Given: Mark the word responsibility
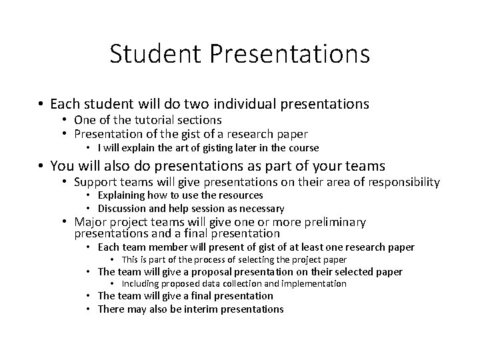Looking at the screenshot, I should click(x=401, y=182).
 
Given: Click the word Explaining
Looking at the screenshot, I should click(x=122, y=195).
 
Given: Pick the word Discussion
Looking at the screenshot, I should click(x=123, y=208).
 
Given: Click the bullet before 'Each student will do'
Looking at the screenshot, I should click(x=41, y=105).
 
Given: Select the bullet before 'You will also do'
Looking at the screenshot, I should click(x=41, y=166).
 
